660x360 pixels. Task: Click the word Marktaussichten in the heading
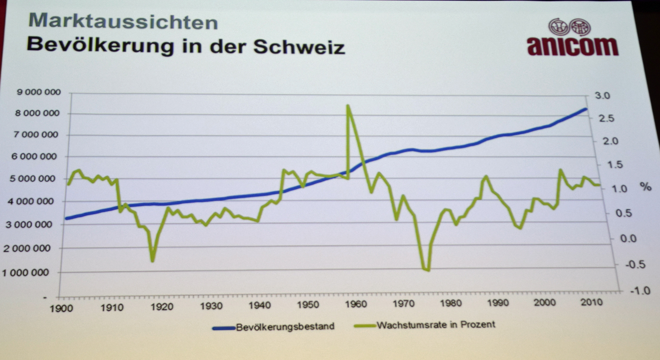123,21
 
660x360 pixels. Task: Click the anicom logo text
572,47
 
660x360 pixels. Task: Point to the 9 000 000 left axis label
39,92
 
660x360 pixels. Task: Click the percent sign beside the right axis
645,187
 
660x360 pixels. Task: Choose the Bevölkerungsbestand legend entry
285,326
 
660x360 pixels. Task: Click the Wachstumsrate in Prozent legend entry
435,325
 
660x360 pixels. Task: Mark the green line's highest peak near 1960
347,106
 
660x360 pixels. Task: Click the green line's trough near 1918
152,261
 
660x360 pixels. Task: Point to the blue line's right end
585,109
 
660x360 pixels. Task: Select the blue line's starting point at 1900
66,218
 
